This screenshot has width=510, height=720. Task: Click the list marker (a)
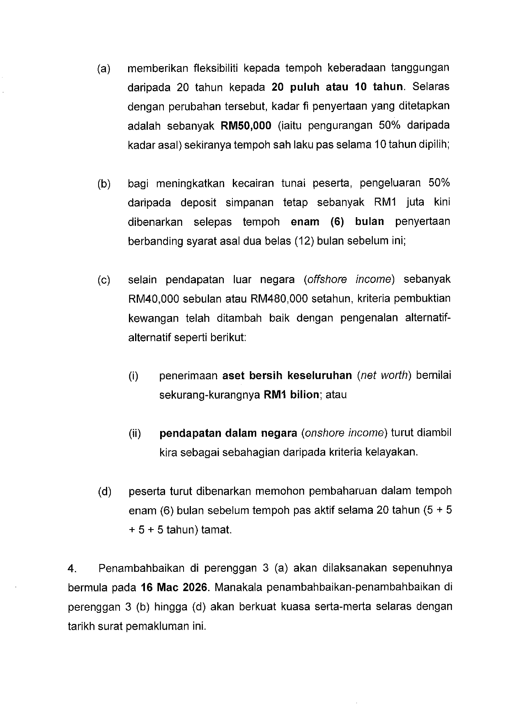[x=104, y=68]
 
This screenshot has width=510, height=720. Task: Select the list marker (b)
[x=104, y=184]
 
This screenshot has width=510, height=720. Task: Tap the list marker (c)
[x=104, y=280]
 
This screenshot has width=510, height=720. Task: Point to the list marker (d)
[x=105, y=492]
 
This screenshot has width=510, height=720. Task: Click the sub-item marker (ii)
[x=135, y=433]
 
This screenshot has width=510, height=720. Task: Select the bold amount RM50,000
[x=246, y=126]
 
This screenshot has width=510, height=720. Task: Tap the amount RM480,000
[x=279, y=299]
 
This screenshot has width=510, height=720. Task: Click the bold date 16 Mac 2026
[x=173, y=587]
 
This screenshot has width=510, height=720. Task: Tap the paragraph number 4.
[x=72, y=569]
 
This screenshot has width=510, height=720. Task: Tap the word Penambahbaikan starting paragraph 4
[x=141, y=568]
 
